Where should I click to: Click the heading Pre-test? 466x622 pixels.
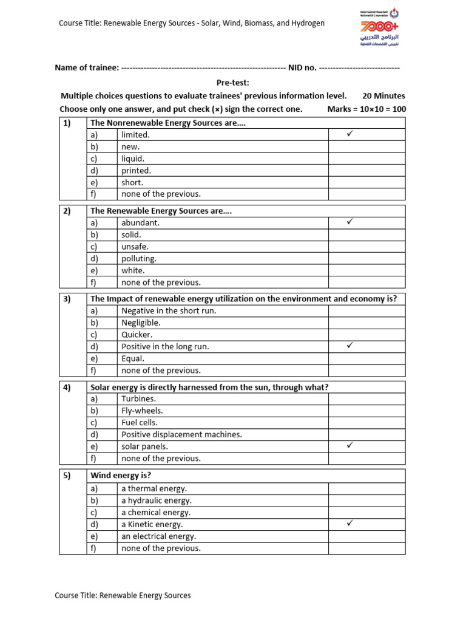tap(233, 83)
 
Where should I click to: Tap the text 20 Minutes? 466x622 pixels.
tap(383, 96)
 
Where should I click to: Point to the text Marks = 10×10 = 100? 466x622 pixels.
tap(366, 109)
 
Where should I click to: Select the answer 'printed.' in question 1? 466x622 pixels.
tap(136, 171)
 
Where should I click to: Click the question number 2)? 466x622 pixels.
tap(67, 211)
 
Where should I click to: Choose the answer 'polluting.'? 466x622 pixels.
tap(139, 259)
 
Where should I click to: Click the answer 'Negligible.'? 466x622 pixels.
tap(141, 323)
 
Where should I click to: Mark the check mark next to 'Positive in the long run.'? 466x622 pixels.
tap(349, 346)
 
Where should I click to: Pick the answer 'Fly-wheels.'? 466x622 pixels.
tap(142, 411)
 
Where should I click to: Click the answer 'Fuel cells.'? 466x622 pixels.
tap(140, 423)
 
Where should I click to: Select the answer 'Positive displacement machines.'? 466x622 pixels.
tap(181, 434)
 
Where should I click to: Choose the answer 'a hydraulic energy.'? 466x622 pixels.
tap(156, 501)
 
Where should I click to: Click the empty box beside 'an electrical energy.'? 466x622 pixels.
tap(366, 536)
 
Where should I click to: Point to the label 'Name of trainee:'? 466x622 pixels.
tap(87, 67)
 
